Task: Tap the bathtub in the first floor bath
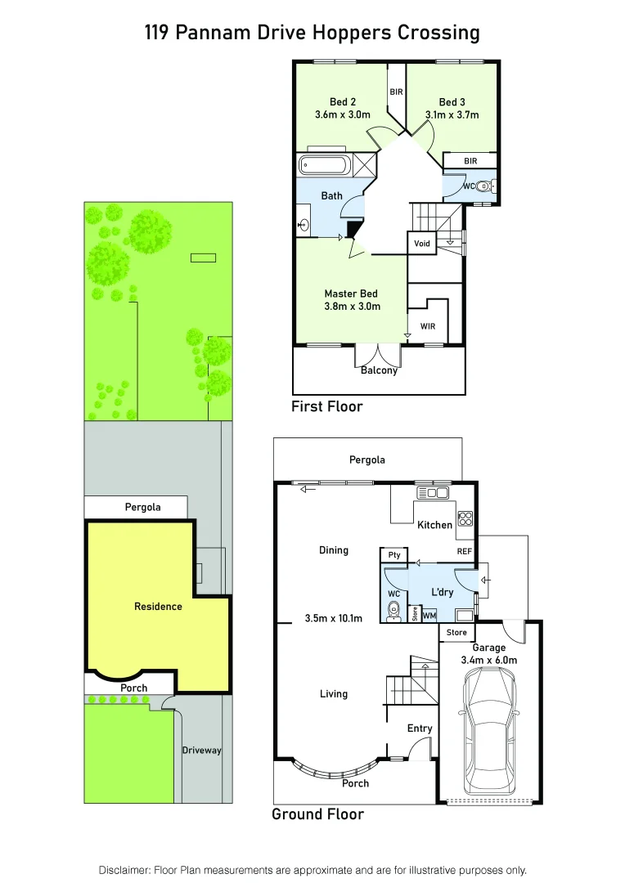click(x=326, y=165)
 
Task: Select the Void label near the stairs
click(x=421, y=244)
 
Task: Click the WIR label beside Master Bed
click(x=427, y=326)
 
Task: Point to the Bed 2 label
click(x=343, y=102)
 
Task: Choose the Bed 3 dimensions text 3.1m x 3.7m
click(x=452, y=115)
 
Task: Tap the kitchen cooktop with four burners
click(x=465, y=518)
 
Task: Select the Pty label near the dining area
click(x=394, y=555)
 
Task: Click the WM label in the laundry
click(x=429, y=615)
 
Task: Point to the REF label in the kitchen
click(x=465, y=552)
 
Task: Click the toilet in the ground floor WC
click(x=393, y=609)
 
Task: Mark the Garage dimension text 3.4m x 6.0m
click(x=489, y=660)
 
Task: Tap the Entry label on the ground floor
click(x=420, y=728)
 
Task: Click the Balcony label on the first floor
click(x=379, y=370)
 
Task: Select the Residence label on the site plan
click(x=159, y=607)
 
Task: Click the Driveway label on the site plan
click(x=201, y=750)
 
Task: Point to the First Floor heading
click(x=326, y=406)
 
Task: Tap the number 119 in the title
click(x=160, y=33)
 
